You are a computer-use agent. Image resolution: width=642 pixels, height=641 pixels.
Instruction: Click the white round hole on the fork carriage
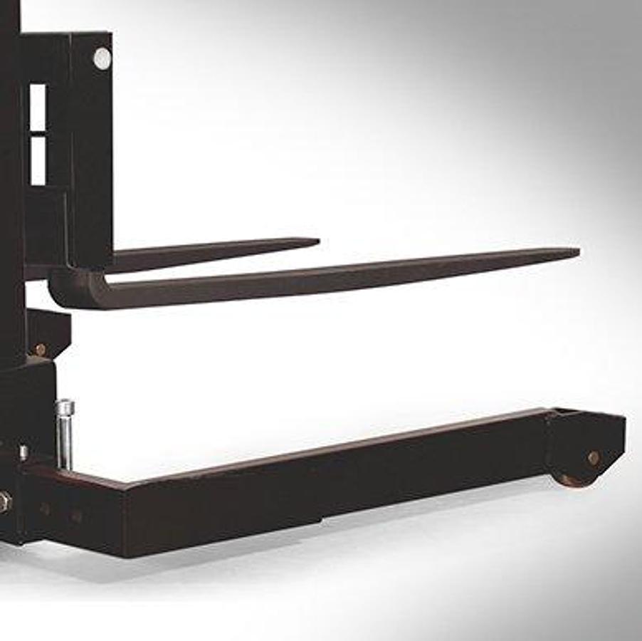pyautogui.click(x=102, y=58)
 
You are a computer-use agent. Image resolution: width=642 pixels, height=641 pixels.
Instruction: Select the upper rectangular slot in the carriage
pyautogui.click(x=38, y=107)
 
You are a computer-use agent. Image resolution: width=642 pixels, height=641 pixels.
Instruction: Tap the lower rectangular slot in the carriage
pyautogui.click(x=38, y=160)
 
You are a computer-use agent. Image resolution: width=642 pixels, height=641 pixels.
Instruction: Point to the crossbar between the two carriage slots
pyautogui.click(x=38, y=133)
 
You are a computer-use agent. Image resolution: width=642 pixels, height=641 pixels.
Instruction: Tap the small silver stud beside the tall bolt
pyautogui.click(x=23, y=452)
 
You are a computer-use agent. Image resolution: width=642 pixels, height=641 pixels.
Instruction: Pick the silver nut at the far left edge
pyautogui.click(x=4, y=501)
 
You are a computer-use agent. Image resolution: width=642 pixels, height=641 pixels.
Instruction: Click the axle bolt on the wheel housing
pyautogui.click(x=593, y=458)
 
